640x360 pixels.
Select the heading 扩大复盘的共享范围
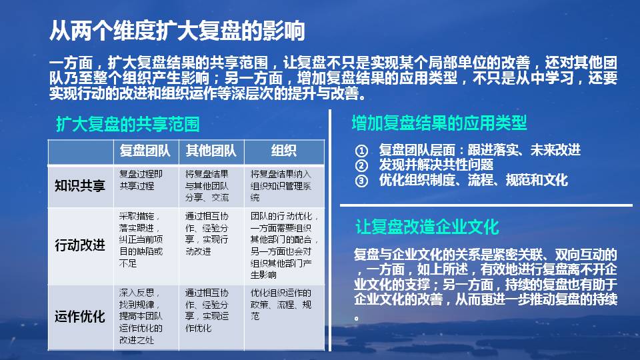tap(127, 125)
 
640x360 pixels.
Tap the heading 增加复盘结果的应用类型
tap(439, 123)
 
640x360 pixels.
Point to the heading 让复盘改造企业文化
tap(427, 227)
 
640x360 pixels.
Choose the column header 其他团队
tap(211, 151)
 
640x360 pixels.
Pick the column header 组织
tap(284, 151)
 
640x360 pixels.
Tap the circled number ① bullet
tap(361, 150)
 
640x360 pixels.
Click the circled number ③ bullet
tap(361, 180)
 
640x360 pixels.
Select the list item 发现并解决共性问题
tap(436, 165)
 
